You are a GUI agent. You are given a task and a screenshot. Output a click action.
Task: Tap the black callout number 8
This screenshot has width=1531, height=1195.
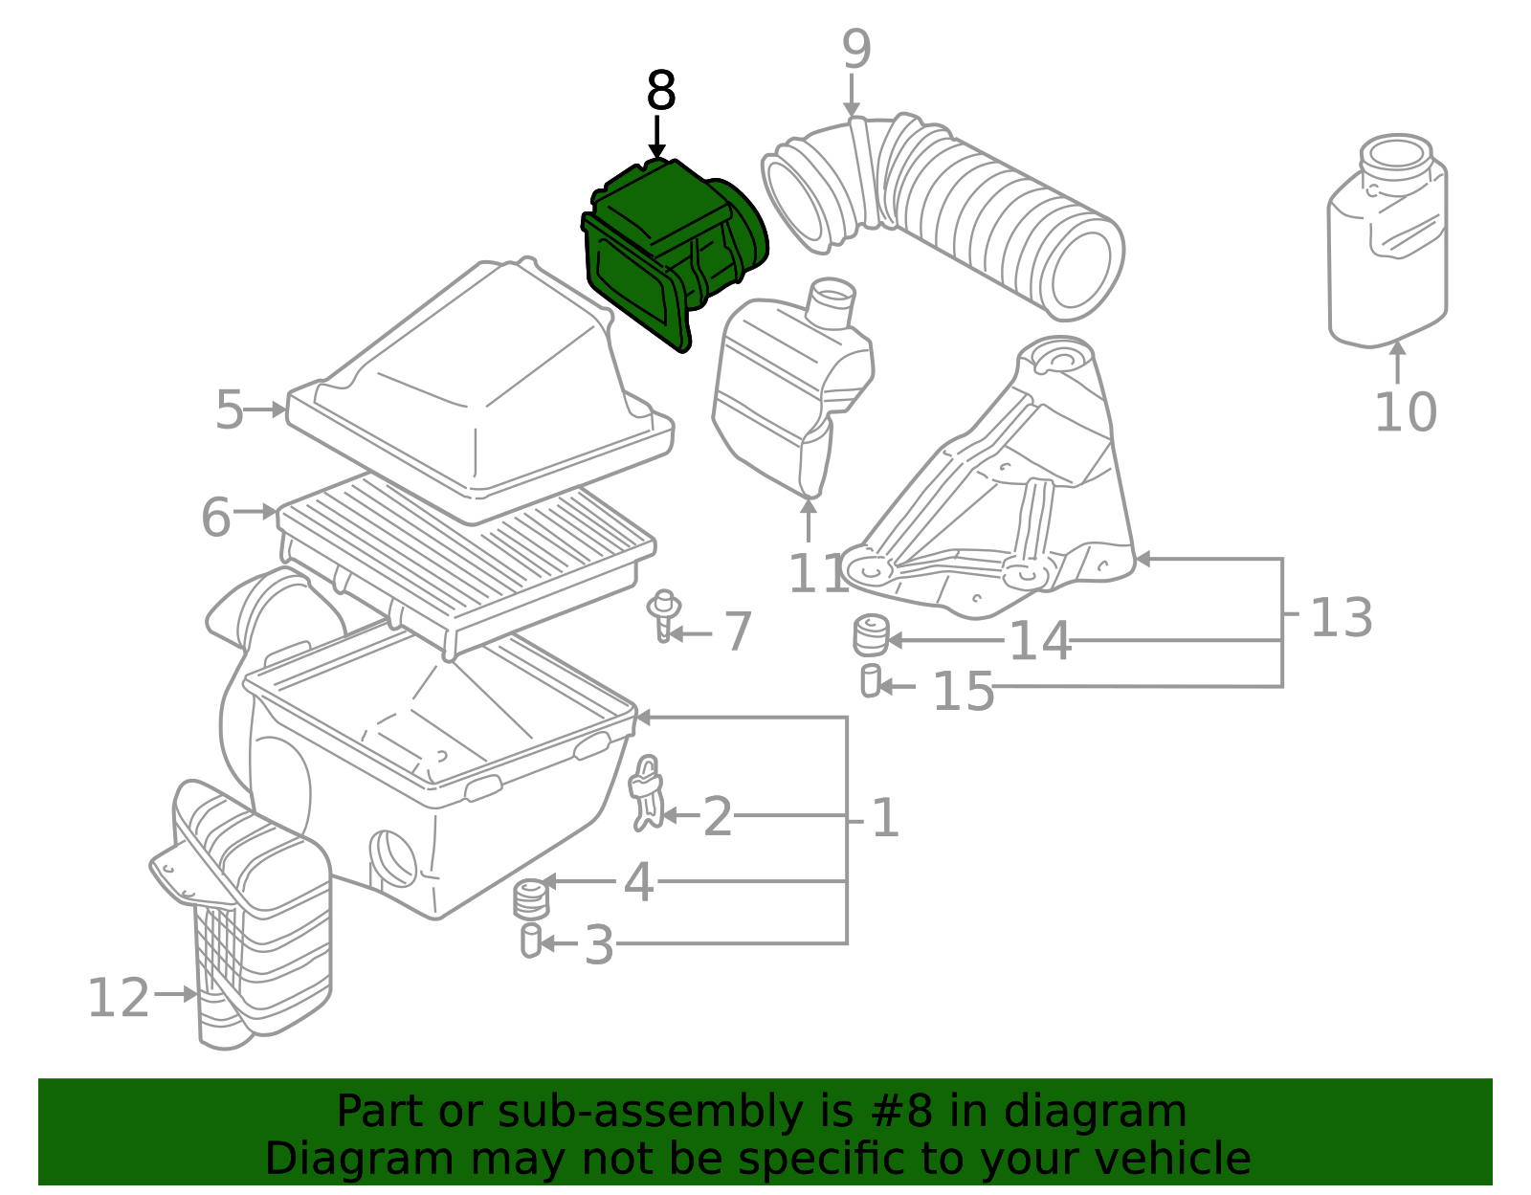coord(661,91)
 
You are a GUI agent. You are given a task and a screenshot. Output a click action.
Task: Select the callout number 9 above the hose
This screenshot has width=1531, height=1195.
coord(856,50)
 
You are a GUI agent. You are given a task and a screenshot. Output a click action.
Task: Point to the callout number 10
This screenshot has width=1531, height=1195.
coord(1406,412)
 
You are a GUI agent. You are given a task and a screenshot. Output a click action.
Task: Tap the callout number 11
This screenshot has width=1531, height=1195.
coord(817,573)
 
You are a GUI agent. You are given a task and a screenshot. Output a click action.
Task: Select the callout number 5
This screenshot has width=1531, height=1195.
coord(230,409)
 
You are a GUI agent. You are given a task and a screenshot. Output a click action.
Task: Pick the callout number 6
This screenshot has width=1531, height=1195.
coord(215,517)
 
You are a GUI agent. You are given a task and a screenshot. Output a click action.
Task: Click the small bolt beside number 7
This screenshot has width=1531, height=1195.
coord(664,615)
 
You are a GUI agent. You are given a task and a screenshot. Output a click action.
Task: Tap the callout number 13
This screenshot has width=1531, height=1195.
coord(1342,617)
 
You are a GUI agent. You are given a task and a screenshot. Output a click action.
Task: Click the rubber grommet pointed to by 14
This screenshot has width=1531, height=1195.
coord(872,635)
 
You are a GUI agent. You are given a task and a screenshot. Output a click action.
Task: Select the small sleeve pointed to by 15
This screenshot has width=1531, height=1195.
coord(871,680)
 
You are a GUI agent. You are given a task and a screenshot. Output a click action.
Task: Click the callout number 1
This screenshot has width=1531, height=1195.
coord(885,818)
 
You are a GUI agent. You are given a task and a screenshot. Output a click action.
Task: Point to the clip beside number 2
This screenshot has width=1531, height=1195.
coord(645,793)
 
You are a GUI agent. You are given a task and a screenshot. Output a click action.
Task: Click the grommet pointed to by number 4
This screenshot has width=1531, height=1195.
coord(531,899)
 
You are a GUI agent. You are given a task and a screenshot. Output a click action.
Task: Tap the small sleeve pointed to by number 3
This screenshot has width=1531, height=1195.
coord(530,941)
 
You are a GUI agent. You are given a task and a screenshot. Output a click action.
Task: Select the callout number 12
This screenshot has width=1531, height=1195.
coord(119,998)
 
